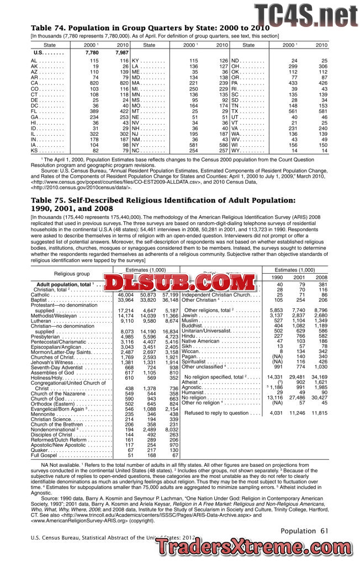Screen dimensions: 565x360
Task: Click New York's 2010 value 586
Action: coord(222,144)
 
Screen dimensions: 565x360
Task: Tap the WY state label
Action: coord(237,150)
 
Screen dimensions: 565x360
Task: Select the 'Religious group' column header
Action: coord(71,273)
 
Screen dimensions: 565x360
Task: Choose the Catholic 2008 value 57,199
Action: coord(167,295)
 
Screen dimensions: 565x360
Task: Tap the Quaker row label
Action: coord(40,450)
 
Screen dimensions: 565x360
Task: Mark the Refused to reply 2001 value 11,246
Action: coord(297,412)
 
